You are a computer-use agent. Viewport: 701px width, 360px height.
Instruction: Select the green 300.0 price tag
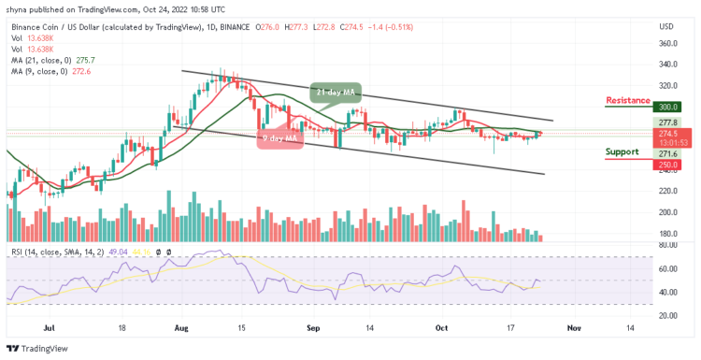[x=666, y=108]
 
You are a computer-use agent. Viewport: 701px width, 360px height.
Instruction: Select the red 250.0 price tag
[x=666, y=165]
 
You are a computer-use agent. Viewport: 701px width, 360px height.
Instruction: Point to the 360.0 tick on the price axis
[x=667, y=43]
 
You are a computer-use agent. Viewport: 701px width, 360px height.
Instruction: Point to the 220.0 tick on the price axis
[x=667, y=191]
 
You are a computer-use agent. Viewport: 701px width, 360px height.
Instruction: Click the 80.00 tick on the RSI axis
[x=667, y=246]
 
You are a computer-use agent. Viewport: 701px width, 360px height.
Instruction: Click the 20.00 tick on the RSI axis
[x=667, y=315]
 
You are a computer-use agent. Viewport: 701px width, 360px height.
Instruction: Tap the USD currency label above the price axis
[x=665, y=25]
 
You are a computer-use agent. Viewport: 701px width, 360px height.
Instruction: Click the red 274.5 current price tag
[x=666, y=133]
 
